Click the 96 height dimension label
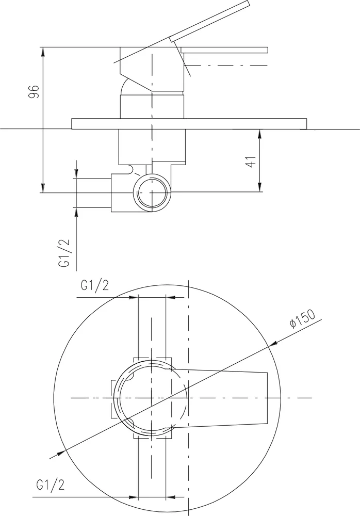tap(34, 92)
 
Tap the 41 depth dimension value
tap(251, 161)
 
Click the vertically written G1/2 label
tap(64, 253)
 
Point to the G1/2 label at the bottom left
tap(51, 485)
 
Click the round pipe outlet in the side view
tap(152, 191)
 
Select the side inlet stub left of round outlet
tap(94, 193)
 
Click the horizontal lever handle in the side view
tap(224, 50)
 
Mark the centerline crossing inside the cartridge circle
tap(152, 398)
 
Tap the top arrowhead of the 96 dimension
tap(43, 51)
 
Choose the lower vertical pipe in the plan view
tap(152, 470)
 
